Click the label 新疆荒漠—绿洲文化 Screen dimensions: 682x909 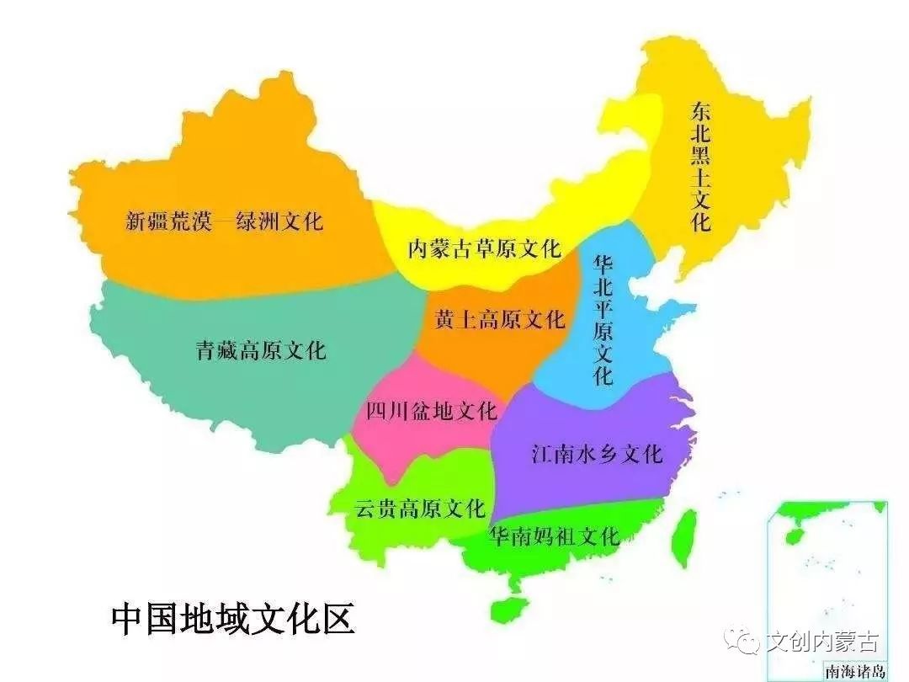pos(224,221)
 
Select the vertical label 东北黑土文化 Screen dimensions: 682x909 pos(700,167)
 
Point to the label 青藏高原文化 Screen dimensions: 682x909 pos(260,350)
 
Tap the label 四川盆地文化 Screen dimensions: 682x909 pos(432,411)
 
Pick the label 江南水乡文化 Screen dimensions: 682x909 pos(597,455)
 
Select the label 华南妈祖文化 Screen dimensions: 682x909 pos(555,535)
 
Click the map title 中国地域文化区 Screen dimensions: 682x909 pos(233,619)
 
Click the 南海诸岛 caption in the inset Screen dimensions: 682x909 pos(854,671)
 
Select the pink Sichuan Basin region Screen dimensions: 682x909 pos(396,438)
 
